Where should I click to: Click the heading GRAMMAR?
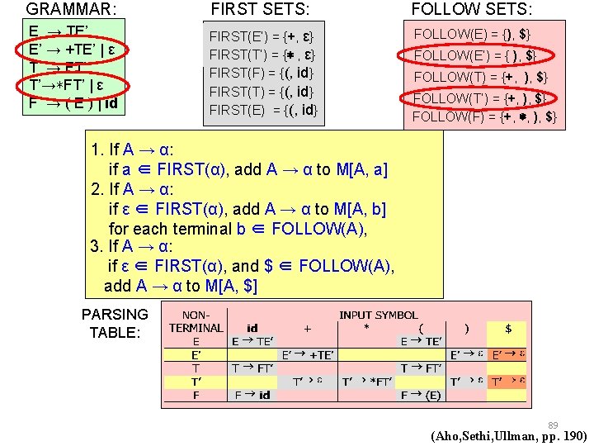click(71, 10)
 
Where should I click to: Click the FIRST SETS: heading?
click(261, 10)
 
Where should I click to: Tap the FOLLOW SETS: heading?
click(472, 10)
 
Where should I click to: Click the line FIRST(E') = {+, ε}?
click(262, 37)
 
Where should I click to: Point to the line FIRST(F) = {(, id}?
click(262, 74)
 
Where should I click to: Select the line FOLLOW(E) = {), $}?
click(472, 34)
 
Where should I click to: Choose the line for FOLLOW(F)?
click(483, 116)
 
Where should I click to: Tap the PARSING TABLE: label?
click(115, 323)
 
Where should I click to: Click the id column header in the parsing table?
click(252, 328)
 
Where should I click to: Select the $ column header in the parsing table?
click(508, 328)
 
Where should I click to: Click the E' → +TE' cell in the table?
click(308, 354)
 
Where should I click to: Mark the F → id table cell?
click(252, 395)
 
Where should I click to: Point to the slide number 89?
click(553, 425)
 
